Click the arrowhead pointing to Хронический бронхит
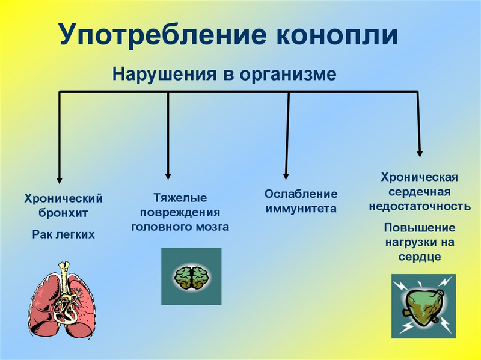pos(59,178)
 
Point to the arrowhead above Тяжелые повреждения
pos(168,175)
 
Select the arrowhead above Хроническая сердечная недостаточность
pos(420,153)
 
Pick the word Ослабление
pos(301,194)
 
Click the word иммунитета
pos(301,209)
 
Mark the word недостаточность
pos(420,206)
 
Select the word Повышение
pos(420,228)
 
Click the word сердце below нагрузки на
pos(420,257)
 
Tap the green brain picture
pos(191,276)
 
